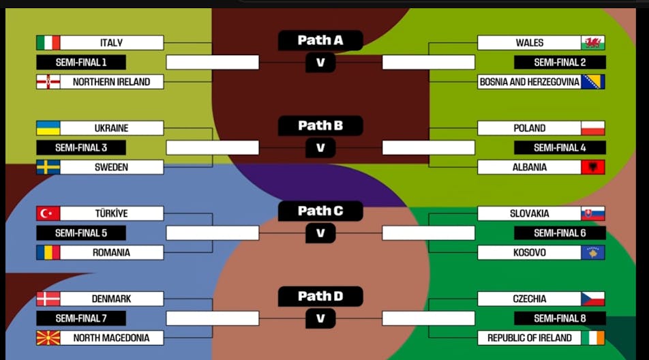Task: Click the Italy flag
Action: [x=48, y=43]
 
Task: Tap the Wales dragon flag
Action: [x=592, y=43]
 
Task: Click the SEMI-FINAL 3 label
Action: [x=81, y=148]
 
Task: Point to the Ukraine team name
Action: [x=112, y=128]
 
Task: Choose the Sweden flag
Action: [x=48, y=167]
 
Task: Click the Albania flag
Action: [x=592, y=167]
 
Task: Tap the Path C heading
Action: [x=320, y=211]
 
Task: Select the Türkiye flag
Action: [x=48, y=213]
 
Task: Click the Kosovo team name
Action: [x=529, y=253]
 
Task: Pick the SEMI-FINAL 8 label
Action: [x=560, y=318]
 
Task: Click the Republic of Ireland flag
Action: [x=592, y=338]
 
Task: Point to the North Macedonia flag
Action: [x=48, y=338]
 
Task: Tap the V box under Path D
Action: [x=320, y=318]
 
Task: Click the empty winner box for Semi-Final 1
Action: [x=213, y=63]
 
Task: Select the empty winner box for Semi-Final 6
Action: [x=428, y=233]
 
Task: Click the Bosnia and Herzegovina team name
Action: [x=529, y=82]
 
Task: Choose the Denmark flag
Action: [x=48, y=299]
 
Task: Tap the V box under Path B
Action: [x=320, y=148]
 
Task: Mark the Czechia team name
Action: [x=529, y=299]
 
